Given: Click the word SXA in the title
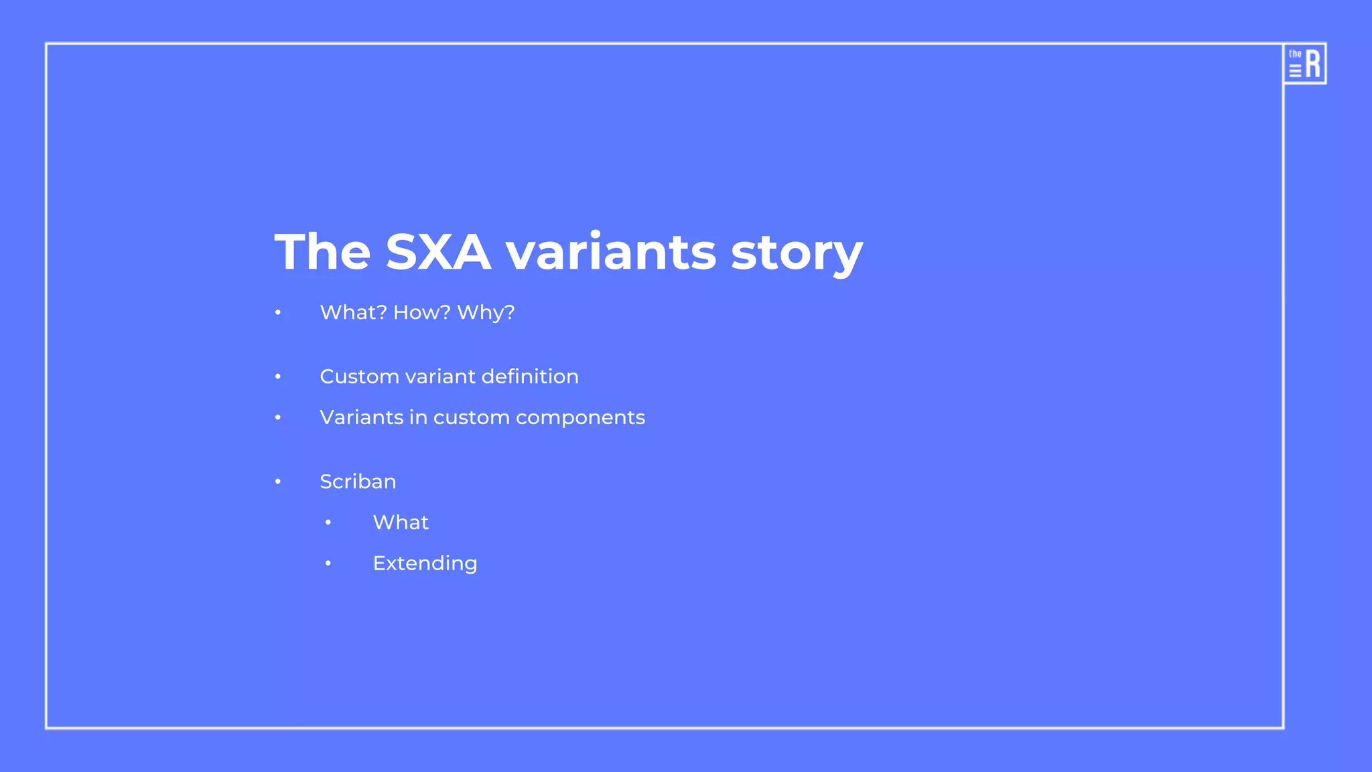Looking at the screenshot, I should [438, 252].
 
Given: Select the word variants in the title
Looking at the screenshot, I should [610, 252].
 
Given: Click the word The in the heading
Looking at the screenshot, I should [322, 252].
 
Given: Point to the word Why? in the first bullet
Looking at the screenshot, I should [486, 312].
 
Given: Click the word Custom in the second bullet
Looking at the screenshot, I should [359, 377].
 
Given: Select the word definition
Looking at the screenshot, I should [529, 377].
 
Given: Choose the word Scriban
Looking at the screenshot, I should [358, 482].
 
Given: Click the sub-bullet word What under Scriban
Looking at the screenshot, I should [401, 523].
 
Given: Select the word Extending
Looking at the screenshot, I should [425, 564].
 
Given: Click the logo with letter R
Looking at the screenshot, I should [1304, 64].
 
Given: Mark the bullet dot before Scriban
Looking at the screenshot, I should [278, 482].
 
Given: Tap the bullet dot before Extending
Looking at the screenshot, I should [328, 564].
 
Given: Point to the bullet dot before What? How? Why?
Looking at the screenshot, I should [278, 313].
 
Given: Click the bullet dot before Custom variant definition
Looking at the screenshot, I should [278, 377].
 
